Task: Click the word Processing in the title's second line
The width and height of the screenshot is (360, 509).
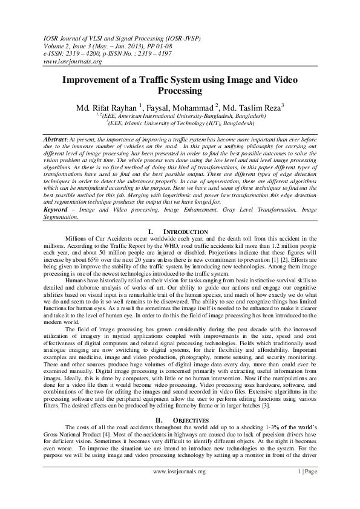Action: (180, 91)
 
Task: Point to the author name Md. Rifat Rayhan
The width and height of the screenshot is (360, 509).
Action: (106, 107)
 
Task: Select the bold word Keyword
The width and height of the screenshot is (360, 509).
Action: (57, 209)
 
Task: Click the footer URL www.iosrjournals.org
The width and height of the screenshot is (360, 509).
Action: (180, 488)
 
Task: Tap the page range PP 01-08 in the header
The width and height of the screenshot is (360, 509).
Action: (154, 45)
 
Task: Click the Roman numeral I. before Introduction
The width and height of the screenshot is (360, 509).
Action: (151, 232)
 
